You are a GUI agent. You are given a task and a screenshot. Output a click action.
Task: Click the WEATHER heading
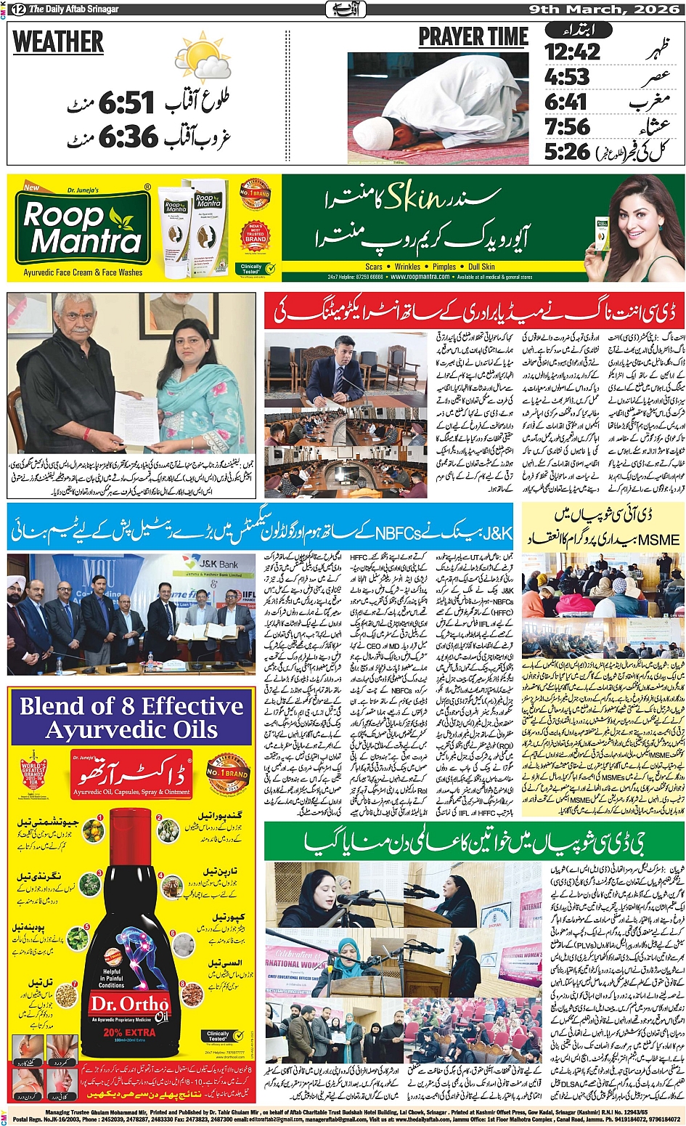pyautogui.click(x=58, y=43)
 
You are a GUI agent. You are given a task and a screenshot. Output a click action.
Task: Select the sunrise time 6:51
pyautogui.click(x=126, y=103)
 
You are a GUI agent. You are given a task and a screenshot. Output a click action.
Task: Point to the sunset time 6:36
pyautogui.click(x=127, y=136)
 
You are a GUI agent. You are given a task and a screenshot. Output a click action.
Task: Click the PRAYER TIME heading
pyautogui.click(x=473, y=37)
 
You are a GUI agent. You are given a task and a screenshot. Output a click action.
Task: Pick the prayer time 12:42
pyautogui.click(x=573, y=52)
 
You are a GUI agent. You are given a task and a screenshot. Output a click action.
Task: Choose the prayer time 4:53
pyautogui.click(x=567, y=77)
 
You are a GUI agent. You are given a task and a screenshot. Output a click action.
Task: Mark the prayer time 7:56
pyautogui.click(x=567, y=127)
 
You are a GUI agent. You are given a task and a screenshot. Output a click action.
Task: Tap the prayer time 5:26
pyautogui.click(x=567, y=152)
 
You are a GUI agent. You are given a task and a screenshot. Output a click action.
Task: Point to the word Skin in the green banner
pyautogui.click(x=413, y=197)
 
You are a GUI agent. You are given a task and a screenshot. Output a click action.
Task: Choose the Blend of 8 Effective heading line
pyautogui.click(x=131, y=706)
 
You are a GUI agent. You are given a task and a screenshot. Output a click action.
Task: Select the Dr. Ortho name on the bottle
pyautogui.click(x=123, y=1003)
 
